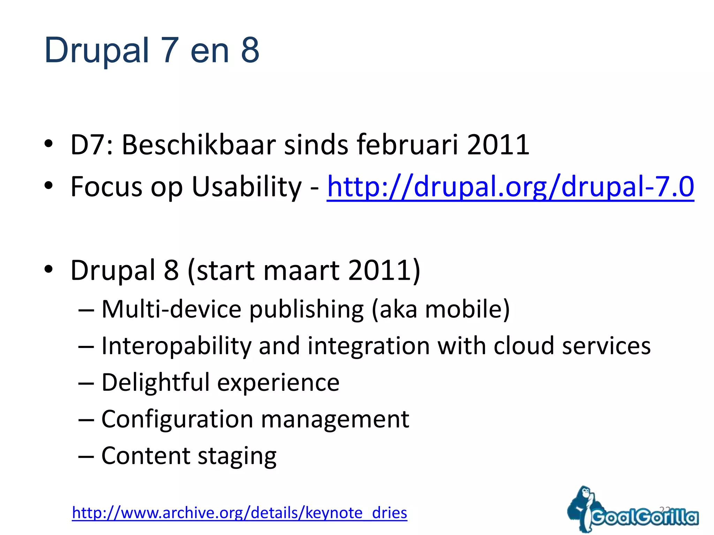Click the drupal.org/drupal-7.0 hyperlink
click(x=510, y=187)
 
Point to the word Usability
click(x=246, y=187)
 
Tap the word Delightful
click(x=155, y=382)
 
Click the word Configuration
click(x=177, y=419)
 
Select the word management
click(x=335, y=419)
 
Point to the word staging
click(x=237, y=456)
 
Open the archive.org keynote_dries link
click(x=239, y=513)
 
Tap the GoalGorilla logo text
click(x=645, y=517)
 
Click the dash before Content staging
click(x=86, y=456)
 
